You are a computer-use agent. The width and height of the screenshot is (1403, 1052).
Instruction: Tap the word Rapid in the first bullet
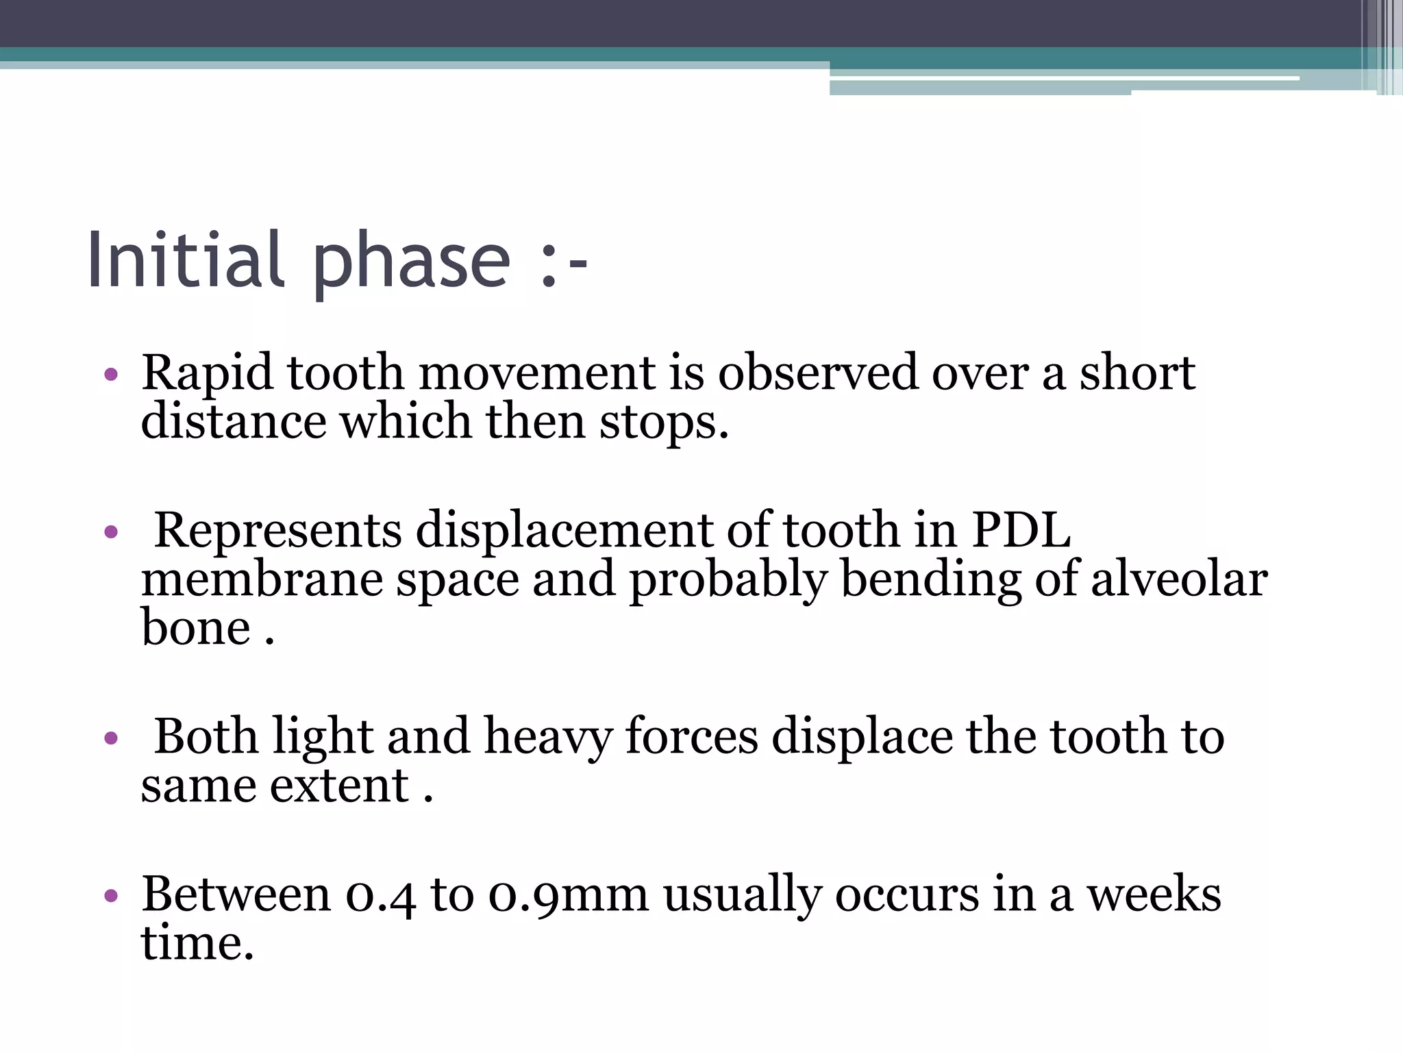[x=206, y=373]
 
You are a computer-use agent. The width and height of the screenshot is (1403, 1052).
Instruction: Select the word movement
[x=537, y=373]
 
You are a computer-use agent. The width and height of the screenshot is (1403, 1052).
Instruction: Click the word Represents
[x=277, y=531]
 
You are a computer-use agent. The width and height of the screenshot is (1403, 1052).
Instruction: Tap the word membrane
[x=262, y=579]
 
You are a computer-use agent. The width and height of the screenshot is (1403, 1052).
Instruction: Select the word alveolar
[x=1178, y=579]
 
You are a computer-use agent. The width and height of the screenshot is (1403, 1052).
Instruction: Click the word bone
[x=196, y=628]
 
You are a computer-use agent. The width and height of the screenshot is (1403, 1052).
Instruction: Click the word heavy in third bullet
[x=547, y=738]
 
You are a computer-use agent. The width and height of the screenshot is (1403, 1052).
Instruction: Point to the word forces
[x=691, y=738]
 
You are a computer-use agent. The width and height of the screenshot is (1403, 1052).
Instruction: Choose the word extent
[x=339, y=786]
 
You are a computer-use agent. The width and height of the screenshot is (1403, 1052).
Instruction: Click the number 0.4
[x=380, y=896]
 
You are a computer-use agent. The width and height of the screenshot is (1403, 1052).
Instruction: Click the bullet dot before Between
[x=111, y=896]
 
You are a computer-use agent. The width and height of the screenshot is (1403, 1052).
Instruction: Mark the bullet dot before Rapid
[x=111, y=375]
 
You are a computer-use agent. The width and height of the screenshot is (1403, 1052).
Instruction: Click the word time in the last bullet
[x=197, y=944]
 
